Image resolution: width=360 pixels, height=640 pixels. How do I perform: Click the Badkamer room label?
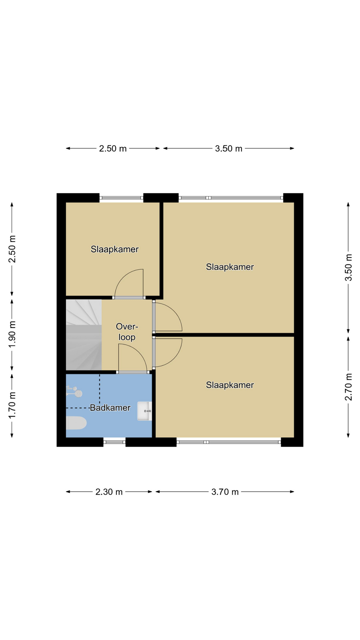click(x=110, y=408)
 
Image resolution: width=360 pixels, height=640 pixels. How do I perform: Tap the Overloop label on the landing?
click(x=127, y=332)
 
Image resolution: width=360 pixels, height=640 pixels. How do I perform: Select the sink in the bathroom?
click(x=145, y=411)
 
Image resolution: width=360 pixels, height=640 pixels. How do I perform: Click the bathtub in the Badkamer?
click(x=76, y=423)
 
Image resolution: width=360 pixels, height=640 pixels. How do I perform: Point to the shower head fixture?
click(x=74, y=391)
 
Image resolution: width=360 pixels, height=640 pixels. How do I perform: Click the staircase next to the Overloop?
click(x=84, y=335)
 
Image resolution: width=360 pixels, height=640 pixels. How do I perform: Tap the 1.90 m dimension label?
click(x=12, y=334)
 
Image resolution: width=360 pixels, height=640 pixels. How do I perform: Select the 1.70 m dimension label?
click(x=12, y=405)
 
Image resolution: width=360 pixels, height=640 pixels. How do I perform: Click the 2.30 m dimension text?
click(x=109, y=492)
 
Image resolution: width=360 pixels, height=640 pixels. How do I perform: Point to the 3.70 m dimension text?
click(x=225, y=492)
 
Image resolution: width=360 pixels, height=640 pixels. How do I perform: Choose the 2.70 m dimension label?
click(x=349, y=387)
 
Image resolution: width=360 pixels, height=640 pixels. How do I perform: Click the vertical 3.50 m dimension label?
click(x=349, y=268)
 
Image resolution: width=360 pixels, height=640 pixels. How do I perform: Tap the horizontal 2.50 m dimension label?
click(x=113, y=148)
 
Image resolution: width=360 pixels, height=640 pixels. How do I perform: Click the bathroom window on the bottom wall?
click(x=114, y=442)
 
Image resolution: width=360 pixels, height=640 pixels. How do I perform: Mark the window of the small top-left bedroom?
click(x=121, y=198)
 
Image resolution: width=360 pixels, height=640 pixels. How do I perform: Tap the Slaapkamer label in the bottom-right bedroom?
click(x=230, y=385)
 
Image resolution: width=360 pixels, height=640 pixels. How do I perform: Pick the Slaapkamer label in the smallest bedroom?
click(x=115, y=249)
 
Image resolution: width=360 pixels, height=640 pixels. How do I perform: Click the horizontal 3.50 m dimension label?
click(x=229, y=148)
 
